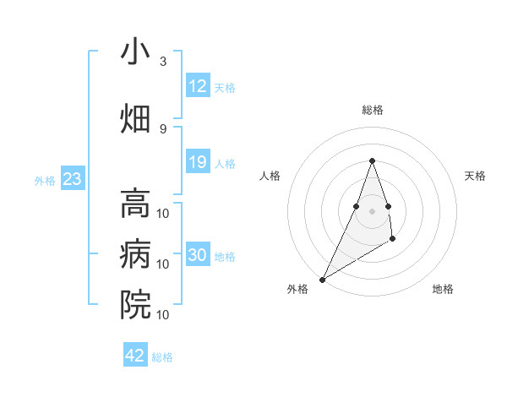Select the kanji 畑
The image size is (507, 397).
click(x=135, y=119)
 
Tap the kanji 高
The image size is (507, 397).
click(x=135, y=203)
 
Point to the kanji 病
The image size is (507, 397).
click(x=135, y=254)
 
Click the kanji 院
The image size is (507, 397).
click(x=135, y=305)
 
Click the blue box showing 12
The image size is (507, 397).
click(x=197, y=86)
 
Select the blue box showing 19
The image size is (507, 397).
click(x=197, y=162)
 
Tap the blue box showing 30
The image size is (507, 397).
click(x=197, y=255)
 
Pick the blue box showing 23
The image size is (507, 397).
click(x=72, y=179)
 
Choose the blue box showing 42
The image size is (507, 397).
click(x=135, y=356)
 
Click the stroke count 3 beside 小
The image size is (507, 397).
click(x=163, y=62)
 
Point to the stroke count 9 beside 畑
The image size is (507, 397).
click(x=163, y=128)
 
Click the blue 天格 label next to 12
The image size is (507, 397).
click(x=225, y=87)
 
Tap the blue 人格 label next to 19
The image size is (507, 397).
click(x=225, y=163)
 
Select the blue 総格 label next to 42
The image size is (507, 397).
click(x=162, y=356)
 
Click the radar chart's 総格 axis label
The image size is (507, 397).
click(x=372, y=110)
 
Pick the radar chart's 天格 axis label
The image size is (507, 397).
click(x=475, y=176)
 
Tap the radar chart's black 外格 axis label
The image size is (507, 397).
click(x=297, y=289)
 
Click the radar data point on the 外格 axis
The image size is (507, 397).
click(x=322, y=279)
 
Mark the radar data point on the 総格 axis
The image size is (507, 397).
click(x=372, y=160)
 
